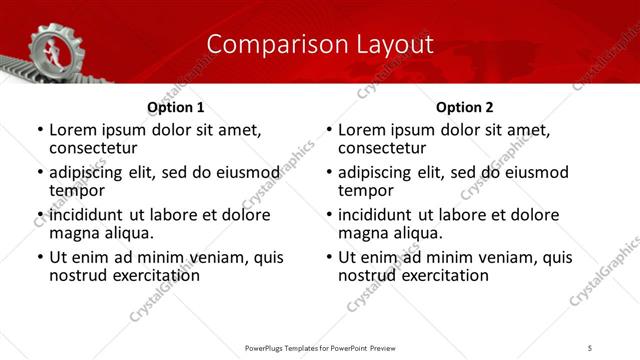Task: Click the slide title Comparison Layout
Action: pyautogui.click(x=320, y=44)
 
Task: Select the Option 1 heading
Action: pyautogui.click(x=175, y=107)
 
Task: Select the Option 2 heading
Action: pyautogui.click(x=464, y=107)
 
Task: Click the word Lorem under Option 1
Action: pyautogui.click(x=73, y=130)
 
